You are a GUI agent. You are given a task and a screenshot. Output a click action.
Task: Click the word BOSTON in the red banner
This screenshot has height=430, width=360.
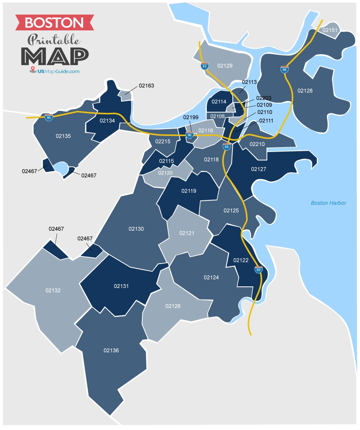click(54, 22)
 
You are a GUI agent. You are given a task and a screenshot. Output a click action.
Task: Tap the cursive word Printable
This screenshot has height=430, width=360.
click(54, 40)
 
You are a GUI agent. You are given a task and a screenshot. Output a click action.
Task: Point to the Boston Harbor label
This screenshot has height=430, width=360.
click(328, 203)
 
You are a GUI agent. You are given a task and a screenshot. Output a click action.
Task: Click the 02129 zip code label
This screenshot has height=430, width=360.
click(225, 65)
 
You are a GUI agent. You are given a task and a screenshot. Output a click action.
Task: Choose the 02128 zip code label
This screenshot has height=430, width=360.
click(305, 91)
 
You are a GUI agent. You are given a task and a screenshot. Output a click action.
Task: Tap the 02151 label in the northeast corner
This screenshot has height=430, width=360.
click(330, 30)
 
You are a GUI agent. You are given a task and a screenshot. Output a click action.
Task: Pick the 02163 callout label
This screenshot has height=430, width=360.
click(146, 86)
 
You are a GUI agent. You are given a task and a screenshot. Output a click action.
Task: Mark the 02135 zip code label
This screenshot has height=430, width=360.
click(63, 136)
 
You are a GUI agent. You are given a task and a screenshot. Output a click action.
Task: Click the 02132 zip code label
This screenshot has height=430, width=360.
click(53, 290)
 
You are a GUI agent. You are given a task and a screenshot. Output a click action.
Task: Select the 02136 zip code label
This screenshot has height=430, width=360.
click(111, 350)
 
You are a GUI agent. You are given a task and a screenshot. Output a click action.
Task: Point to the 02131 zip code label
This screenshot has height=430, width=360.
click(122, 286)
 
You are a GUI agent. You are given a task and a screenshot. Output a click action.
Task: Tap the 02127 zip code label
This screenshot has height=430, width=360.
click(259, 169)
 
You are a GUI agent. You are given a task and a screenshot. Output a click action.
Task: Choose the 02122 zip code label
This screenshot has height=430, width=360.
click(241, 260)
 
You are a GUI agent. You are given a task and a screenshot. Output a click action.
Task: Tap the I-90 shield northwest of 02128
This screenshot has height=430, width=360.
click(284, 69)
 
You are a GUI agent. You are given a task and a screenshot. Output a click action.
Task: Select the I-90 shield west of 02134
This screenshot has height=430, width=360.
click(48, 117)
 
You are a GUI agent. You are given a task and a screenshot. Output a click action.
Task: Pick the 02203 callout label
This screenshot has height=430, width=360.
click(264, 98)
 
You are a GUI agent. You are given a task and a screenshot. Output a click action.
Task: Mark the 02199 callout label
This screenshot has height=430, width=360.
click(191, 117)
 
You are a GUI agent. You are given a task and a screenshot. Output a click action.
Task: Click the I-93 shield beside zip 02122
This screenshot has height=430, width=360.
click(259, 270)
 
